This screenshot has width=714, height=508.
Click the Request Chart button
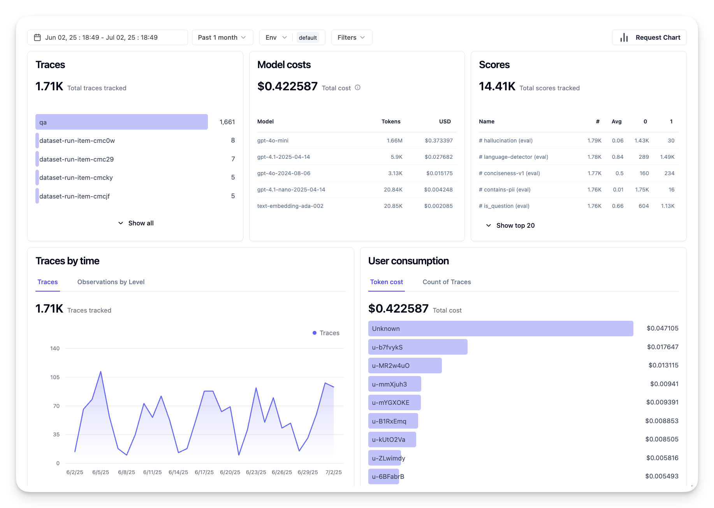(649, 37)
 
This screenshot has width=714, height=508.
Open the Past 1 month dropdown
(222, 37)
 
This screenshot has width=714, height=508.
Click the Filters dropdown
(352, 37)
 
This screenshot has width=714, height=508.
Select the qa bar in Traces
(121, 122)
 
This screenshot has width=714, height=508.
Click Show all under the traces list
(136, 223)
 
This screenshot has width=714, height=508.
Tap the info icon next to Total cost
(357, 88)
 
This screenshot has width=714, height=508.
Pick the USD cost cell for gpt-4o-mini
(439, 141)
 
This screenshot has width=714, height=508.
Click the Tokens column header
(391, 121)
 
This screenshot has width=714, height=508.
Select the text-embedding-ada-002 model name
(290, 206)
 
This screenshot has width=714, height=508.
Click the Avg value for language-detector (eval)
(617, 157)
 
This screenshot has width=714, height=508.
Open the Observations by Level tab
(111, 282)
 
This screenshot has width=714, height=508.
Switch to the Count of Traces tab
(447, 282)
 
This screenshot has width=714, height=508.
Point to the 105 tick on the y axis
(55, 377)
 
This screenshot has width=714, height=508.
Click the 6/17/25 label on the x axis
(204, 472)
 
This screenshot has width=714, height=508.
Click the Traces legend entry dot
(315, 333)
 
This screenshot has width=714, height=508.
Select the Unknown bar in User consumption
(501, 329)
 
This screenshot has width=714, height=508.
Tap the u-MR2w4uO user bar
(405, 366)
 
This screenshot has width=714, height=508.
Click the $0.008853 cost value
(662, 421)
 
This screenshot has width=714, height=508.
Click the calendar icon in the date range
(37, 37)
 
